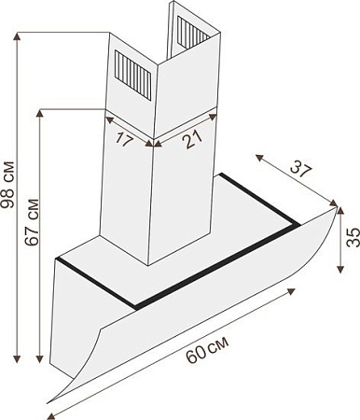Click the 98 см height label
pos(7,185)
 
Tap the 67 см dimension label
pos(32,222)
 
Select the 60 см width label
pos(207,349)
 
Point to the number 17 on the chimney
pos(124,139)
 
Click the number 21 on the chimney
pos(192,139)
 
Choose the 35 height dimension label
pos(353,237)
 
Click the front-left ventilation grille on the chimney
pos(132,75)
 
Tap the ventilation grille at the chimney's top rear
pos(192,33)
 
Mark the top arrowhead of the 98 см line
pos(18,36)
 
